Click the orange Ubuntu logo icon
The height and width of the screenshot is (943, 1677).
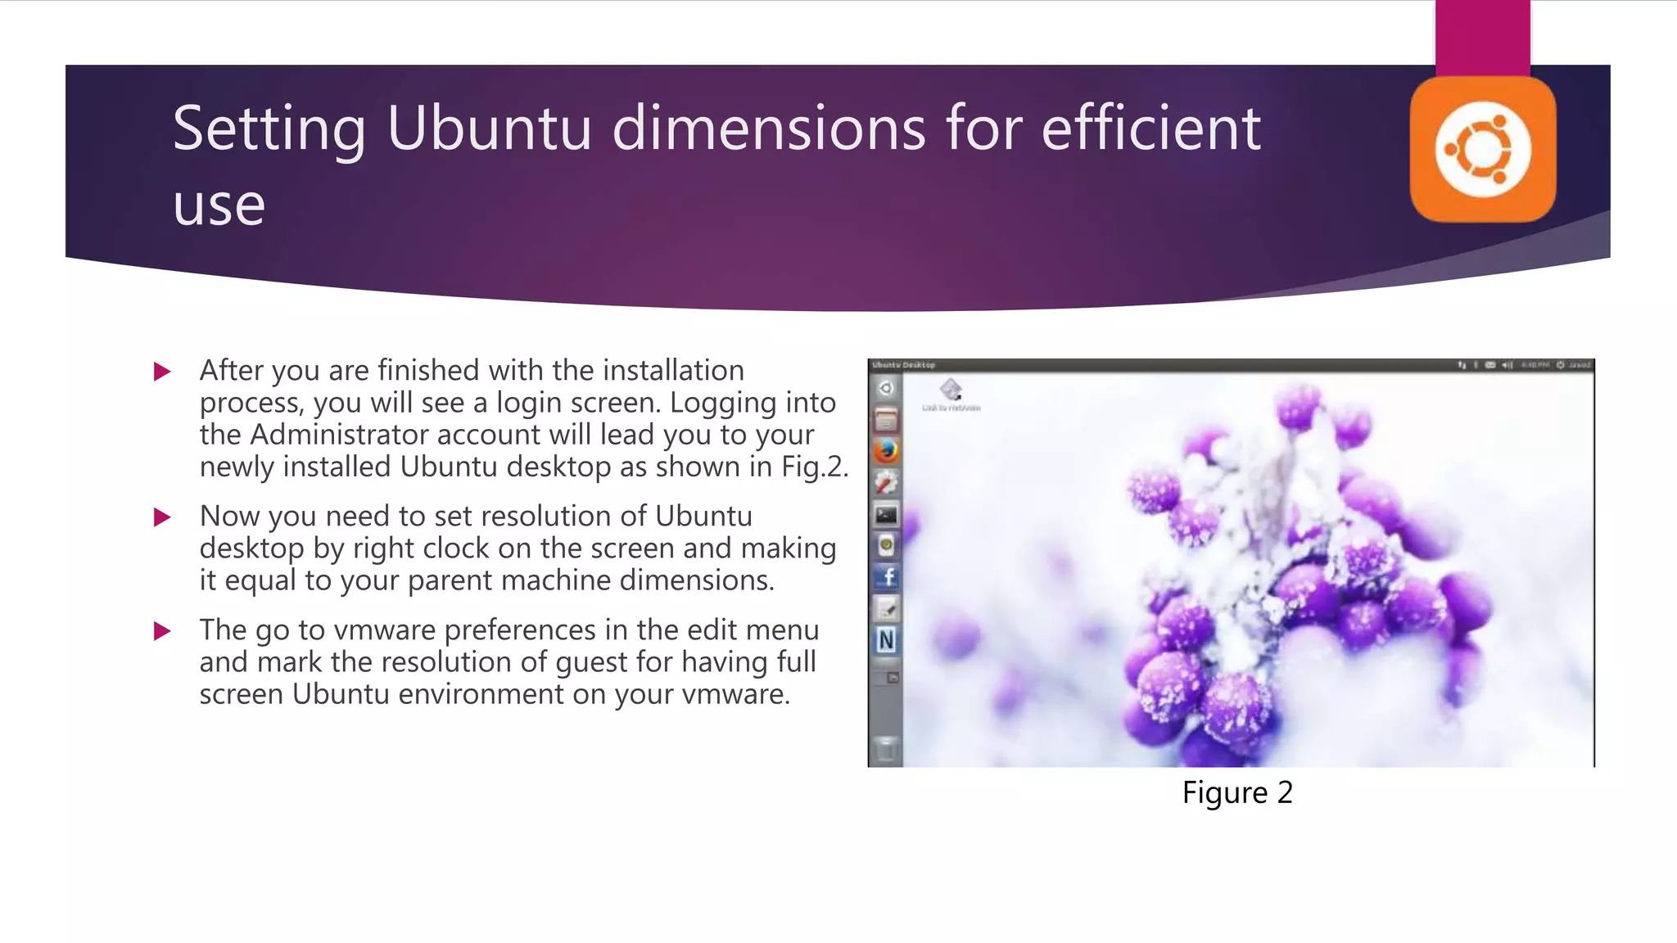(x=1482, y=150)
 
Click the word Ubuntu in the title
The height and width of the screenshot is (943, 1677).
(x=489, y=129)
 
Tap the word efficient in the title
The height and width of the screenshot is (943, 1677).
(x=1150, y=129)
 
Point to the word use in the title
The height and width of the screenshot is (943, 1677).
(x=219, y=205)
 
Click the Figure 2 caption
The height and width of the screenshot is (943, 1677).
(x=1236, y=792)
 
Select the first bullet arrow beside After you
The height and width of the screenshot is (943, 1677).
(x=162, y=372)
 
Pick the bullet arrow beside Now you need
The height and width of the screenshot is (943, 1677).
(x=162, y=517)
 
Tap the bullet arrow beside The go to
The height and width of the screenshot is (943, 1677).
(x=162, y=631)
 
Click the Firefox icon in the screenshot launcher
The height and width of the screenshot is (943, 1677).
(x=886, y=451)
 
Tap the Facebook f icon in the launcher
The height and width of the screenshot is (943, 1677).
(x=887, y=577)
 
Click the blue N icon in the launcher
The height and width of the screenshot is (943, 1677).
(x=886, y=640)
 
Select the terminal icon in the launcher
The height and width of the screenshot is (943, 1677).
(x=886, y=515)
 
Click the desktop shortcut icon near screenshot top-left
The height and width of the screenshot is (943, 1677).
(x=951, y=390)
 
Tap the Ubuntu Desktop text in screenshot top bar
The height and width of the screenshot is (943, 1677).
(x=903, y=365)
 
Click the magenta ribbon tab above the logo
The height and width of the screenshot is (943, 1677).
(x=1482, y=37)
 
